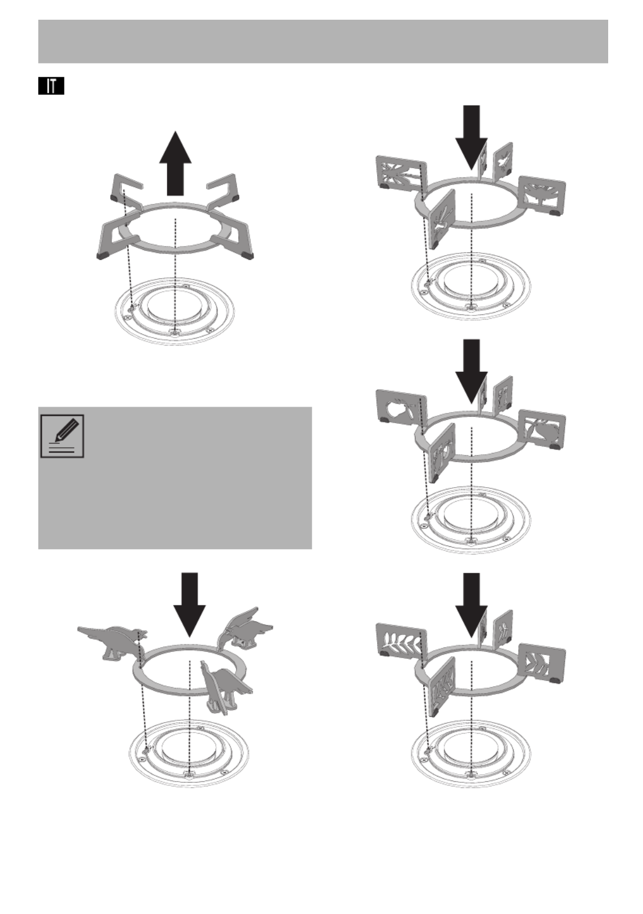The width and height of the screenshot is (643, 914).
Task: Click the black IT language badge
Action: coord(51,86)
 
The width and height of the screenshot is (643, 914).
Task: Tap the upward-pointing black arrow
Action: coord(175,163)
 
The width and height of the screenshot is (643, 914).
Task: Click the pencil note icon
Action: coord(62,436)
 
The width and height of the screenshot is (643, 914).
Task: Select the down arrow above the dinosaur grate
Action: coord(189,605)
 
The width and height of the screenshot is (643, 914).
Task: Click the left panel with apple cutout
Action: coord(402,409)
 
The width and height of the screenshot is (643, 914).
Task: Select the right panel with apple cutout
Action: coord(542,429)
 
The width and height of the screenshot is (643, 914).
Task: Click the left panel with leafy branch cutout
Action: coord(402,644)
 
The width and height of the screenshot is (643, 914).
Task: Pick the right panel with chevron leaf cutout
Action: coord(542,663)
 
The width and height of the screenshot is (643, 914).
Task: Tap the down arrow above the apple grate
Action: coord(472,371)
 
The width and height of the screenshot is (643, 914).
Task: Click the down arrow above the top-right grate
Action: coord(472,137)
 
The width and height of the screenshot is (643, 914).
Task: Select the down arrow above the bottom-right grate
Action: coord(472,605)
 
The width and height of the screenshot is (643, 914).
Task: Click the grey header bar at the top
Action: coord(323,41)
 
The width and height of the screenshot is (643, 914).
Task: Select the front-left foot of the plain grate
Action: coord(103,255)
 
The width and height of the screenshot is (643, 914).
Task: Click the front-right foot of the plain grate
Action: coord(247,255)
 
